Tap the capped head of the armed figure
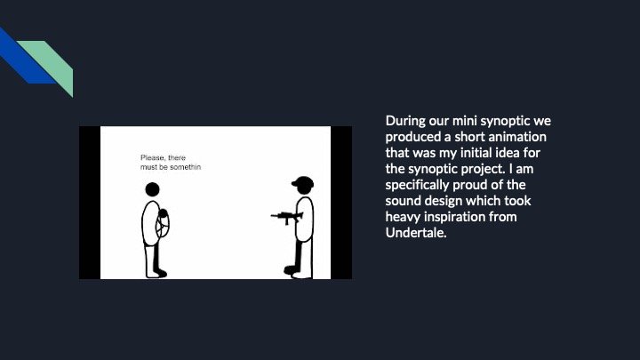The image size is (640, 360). [302, 186]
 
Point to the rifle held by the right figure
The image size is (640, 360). [286, 216]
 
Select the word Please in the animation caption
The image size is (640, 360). [153, 158]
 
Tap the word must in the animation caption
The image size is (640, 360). [149, 167]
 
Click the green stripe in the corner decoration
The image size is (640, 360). [53, 61]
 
